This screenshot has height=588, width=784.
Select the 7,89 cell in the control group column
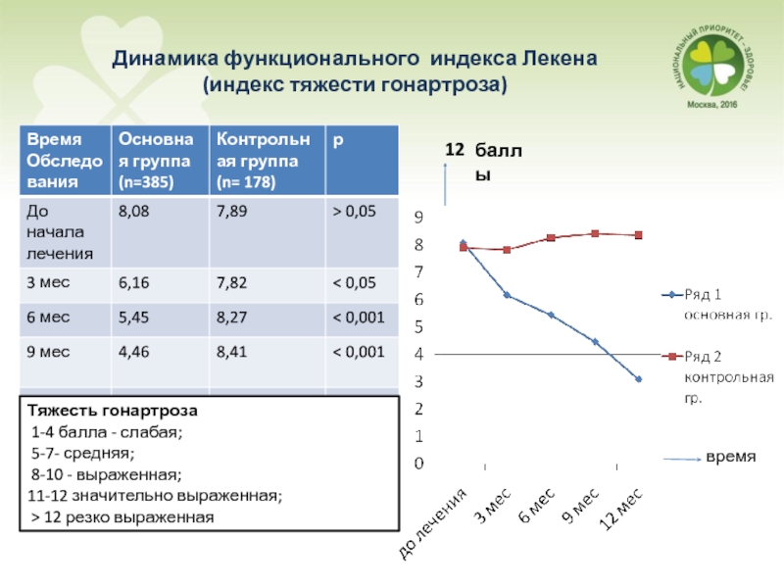(x=233, y=209)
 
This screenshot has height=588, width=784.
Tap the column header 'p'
(x=337, y=140)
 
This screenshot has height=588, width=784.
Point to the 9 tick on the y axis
(x=418, y=217)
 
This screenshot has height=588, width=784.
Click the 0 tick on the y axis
(x=418, y=463)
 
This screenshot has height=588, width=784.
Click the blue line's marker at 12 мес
(x=638, y=378)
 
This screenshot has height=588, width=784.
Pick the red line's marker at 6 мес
(x=551, y=238)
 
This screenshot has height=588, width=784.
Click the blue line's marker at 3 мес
(x=507, y=294)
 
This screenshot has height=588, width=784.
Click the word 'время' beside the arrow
(x=731, y=458)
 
